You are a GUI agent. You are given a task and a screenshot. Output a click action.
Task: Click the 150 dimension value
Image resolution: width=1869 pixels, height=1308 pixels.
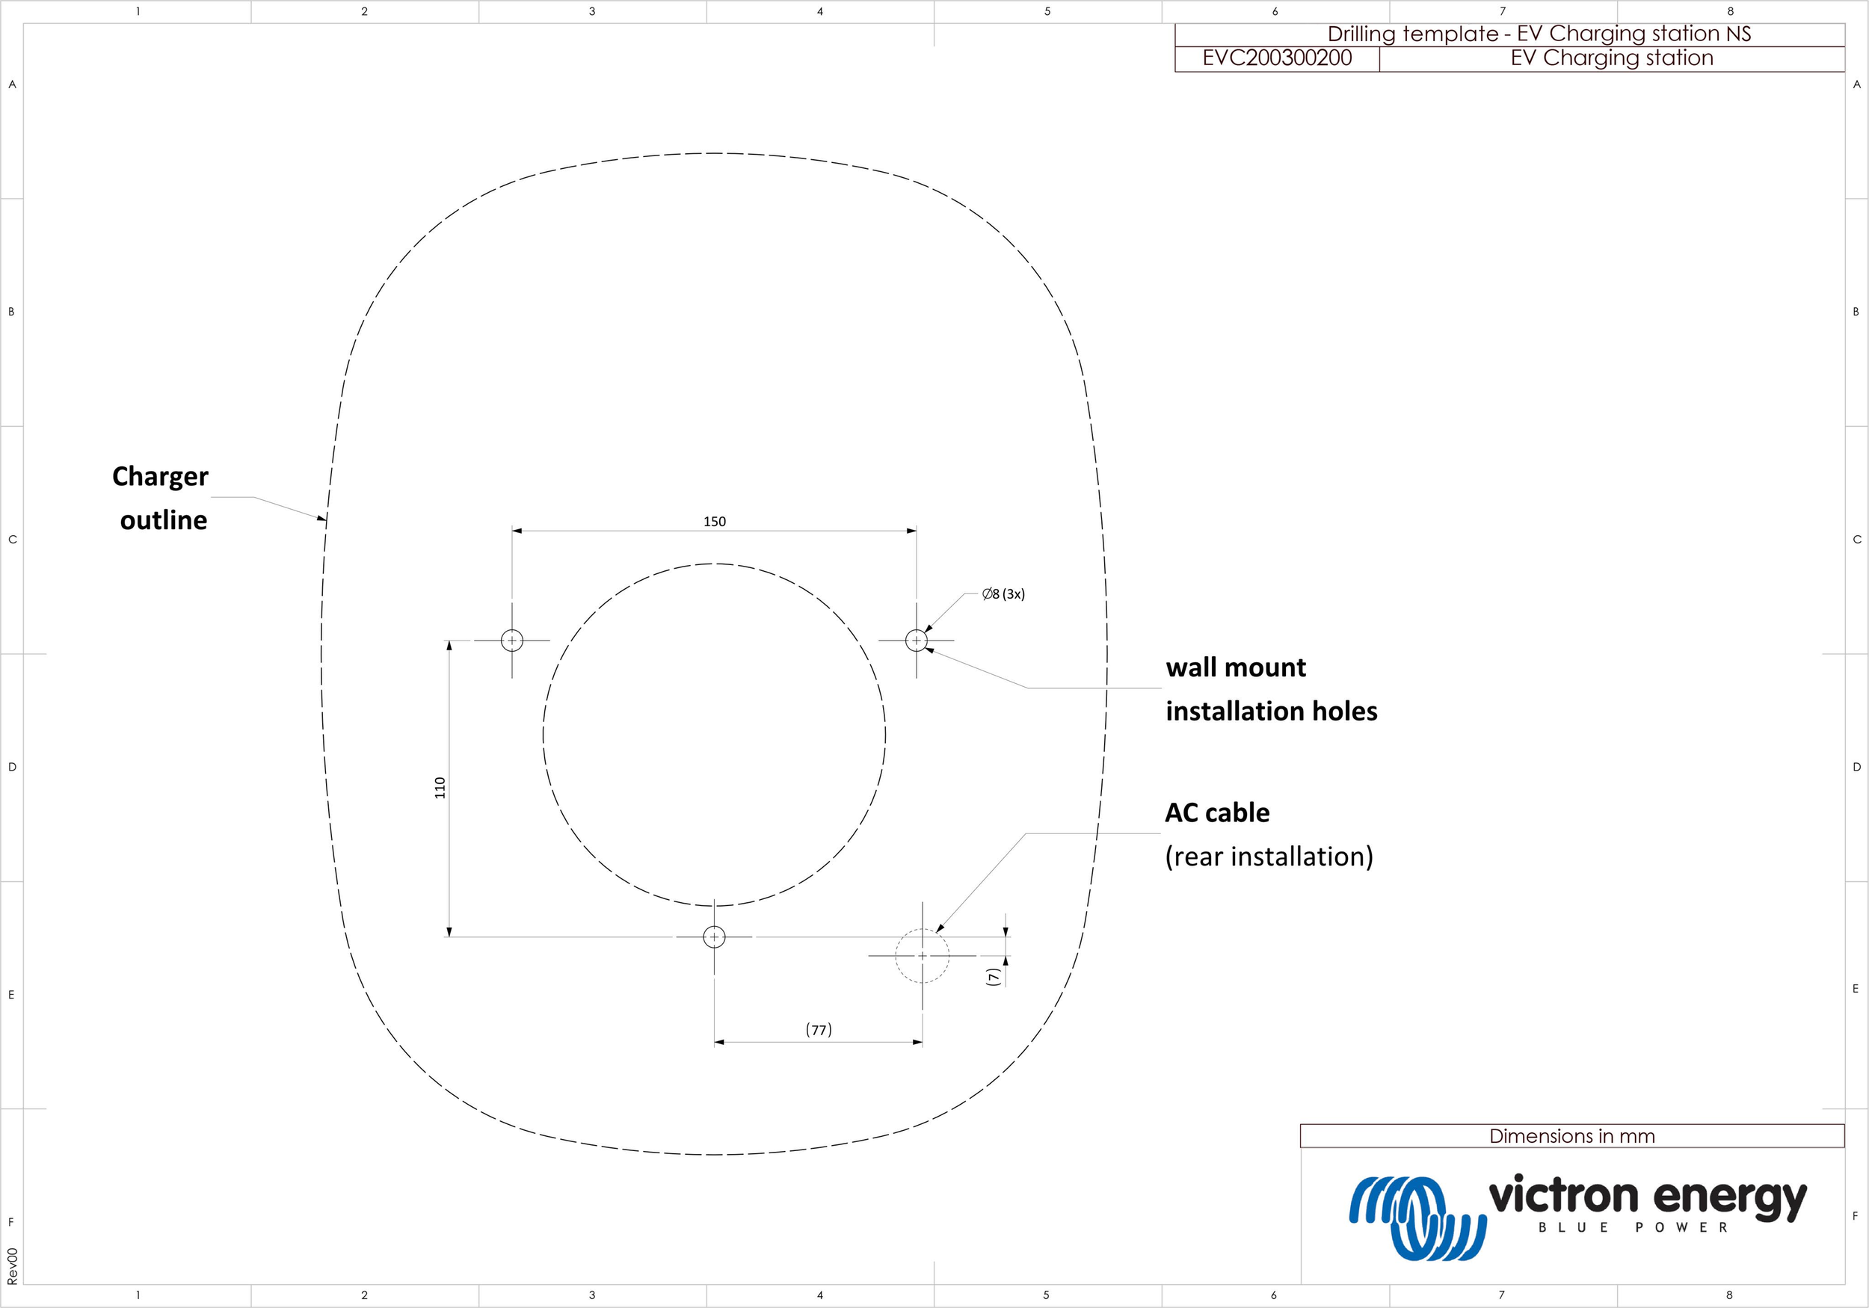[714, 522]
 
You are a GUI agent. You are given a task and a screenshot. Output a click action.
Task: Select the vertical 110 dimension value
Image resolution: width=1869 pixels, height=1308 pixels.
[440, 787]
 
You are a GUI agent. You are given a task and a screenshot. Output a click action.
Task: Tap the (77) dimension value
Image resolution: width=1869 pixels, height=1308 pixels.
[818, 1030]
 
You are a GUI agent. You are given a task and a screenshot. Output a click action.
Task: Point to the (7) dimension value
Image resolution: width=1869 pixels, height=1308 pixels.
[991, 977]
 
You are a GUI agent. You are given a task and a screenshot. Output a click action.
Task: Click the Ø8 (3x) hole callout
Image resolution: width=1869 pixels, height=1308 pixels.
[1003, 594]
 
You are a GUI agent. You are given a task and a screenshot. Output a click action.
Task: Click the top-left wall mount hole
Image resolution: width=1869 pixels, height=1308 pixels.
[512, 641]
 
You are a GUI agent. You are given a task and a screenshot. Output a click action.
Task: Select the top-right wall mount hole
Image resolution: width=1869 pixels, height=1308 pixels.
[917, 641]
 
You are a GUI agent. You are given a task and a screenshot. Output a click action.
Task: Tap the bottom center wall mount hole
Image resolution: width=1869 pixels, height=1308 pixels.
[714, 937]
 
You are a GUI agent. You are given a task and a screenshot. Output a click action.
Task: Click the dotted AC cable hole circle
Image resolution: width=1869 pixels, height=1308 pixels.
[923, 955]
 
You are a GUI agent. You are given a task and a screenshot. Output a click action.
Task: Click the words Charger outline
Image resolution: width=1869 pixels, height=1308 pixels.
[161, 497]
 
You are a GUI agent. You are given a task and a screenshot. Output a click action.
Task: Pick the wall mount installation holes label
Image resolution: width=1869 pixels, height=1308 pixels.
[1270, 688]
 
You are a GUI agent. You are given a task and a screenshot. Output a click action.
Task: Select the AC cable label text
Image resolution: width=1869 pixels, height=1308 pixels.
[1217, 812]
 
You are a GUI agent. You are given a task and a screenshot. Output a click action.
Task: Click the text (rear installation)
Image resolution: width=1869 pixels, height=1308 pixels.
[1268, 857]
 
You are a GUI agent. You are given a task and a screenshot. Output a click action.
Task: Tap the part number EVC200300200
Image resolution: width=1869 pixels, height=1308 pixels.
[1276, 58]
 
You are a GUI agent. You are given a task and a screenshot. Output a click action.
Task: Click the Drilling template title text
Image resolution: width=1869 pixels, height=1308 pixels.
[1539, 34]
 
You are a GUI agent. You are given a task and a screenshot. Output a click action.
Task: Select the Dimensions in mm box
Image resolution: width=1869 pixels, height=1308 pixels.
[1571, 1136]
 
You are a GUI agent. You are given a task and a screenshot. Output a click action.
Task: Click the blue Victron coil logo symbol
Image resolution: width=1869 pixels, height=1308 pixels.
[1417, 1217]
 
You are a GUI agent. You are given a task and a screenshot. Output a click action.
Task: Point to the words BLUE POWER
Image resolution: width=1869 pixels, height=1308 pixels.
[1632, 1227]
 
